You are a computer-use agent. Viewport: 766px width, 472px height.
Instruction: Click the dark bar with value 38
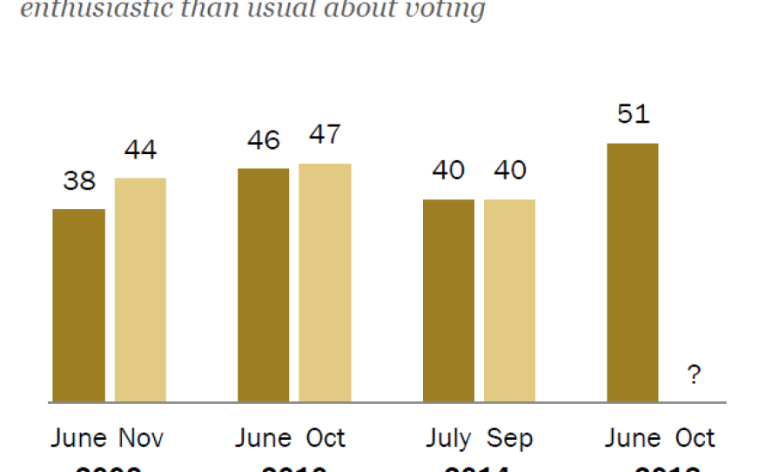(x=78, y=306)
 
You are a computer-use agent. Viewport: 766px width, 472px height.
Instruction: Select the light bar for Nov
(x=140, y=290)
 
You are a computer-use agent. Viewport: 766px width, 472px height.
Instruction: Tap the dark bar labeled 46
(x=263, y=285)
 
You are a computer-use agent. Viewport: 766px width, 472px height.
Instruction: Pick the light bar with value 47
(x=325, y=283)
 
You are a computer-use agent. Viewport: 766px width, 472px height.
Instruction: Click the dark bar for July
(x=449, y=300)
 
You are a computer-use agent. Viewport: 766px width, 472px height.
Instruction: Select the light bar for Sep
(x=510, y=300)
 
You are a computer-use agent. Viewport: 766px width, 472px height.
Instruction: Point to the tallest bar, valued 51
(x=633, y=273)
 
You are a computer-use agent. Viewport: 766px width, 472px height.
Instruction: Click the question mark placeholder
(x=694, y=375)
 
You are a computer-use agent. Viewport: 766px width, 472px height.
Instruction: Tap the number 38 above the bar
(x=79, y=181)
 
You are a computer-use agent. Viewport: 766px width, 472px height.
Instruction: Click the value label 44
(x=140, y=151)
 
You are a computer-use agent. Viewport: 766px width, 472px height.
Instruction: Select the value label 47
(x=325, y=136)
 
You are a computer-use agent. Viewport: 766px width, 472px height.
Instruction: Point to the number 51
(x=633, y=115)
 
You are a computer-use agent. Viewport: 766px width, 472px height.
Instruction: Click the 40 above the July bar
(x=449, y=171)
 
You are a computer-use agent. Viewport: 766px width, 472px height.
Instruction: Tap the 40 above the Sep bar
(x=510, y=171)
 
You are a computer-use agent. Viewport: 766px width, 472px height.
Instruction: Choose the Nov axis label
(x=140, y=437)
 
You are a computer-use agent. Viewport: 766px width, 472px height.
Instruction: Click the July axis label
(x=448, y=438)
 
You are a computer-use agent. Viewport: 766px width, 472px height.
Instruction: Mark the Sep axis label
(x=510, y=438)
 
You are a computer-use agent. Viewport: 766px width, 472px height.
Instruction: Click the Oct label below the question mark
(x=694, y=437)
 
